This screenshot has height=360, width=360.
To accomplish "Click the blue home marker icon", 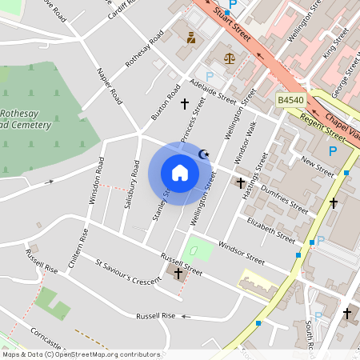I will (180, 173).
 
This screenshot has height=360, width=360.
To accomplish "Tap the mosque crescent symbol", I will (203, 154).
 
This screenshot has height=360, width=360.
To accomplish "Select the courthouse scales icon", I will (230, 58).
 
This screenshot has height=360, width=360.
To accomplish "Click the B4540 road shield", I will (291, 99).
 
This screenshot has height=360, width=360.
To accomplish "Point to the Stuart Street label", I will (233, 24).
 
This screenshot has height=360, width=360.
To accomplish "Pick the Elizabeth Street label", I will (270, 229).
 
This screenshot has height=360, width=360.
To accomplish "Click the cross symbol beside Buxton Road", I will (185, 104).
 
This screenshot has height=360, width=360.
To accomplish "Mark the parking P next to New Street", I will (333, 150).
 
